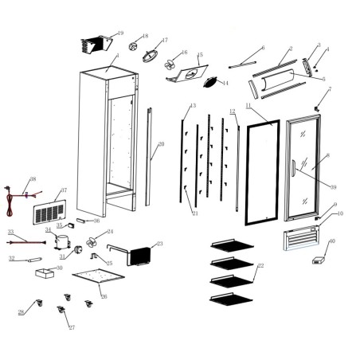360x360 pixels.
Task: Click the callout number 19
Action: pos(120,33)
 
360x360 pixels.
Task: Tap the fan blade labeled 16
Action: pos(170,62)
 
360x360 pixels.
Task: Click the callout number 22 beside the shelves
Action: pos(260,265)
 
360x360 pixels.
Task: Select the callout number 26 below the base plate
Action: pos(103,295)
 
